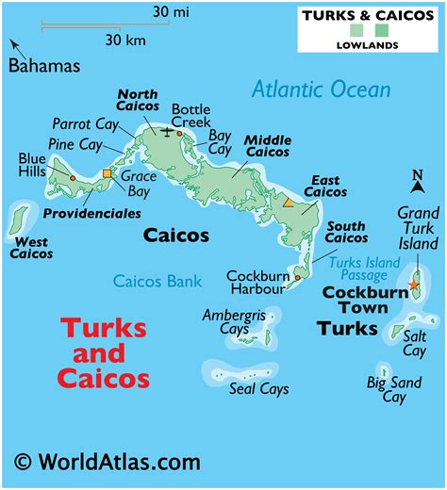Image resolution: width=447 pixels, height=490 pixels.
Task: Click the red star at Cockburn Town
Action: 413,285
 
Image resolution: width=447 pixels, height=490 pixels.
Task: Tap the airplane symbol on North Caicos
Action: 168,131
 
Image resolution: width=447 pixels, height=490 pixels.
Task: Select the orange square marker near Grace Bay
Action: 108,173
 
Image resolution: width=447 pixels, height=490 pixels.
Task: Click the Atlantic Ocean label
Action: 322,90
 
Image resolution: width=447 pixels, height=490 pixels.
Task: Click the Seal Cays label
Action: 258,388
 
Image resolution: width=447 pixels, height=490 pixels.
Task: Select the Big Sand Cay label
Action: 394,389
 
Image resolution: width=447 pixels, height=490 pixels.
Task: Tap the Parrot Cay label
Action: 83,122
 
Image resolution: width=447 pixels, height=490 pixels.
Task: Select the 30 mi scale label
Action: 170,11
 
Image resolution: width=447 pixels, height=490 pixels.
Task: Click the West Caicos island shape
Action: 17,220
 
